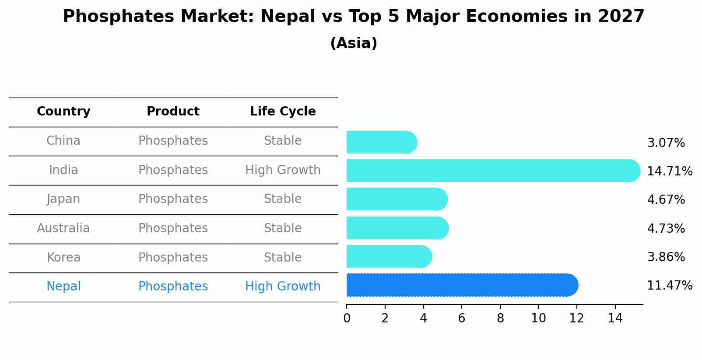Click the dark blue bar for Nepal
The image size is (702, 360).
coord(462,285)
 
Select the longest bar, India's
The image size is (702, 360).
coord(493,171)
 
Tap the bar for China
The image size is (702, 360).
coord(381,143)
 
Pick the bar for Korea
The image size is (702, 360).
coord(389,257)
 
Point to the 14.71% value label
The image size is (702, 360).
coord(670,171)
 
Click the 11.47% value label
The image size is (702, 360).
coord(670,286)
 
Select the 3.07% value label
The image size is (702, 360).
coord(666,143)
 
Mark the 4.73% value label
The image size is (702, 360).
coord(666,228)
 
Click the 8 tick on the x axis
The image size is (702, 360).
coord(500,318)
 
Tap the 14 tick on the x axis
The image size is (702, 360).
coord(615,318)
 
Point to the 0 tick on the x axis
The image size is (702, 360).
coord(347,318)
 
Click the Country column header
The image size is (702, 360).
coord(63,112)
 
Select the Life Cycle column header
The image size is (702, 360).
coord(283,112)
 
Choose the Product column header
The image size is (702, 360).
coord(173,112)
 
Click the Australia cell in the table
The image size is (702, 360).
coord(63,228)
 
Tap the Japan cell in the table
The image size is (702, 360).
coord(63,199)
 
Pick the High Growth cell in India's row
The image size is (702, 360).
coord(283,170)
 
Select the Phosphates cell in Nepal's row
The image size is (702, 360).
coord(173,287)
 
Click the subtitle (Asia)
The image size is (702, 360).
coord(354,43)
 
